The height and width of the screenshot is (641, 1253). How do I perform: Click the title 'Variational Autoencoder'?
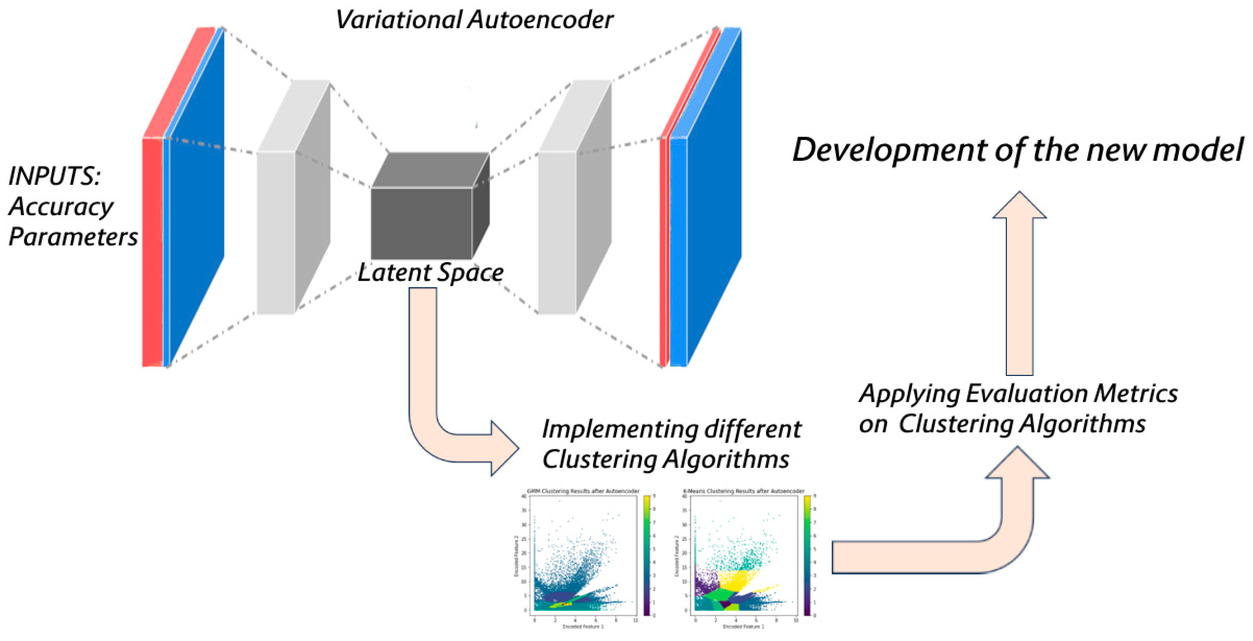click(x=474, y=20)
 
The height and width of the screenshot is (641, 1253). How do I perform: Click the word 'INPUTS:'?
click(x=54, y=176)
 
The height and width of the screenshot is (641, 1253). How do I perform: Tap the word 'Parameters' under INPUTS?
click(x=73, y=237)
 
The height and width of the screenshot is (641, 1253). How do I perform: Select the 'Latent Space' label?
click(x=431, y=273)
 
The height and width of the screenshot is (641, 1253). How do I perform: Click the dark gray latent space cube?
click(x=421, y=223)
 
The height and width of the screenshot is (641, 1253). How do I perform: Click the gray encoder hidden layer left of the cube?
click(x=276, y=232)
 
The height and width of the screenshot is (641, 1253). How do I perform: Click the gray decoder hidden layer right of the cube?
click(x=557, y=232)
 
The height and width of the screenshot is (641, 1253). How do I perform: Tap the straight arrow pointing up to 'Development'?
click(x=1019, y=292)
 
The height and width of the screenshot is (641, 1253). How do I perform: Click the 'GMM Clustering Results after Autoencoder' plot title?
click(x=583, y=491)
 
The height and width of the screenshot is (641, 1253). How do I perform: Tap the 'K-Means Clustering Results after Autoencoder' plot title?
click(x=743, y=491)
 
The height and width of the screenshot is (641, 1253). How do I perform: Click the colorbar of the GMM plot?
click(x=646, y=555)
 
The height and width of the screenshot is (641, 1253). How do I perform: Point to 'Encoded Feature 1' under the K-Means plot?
click(x=743, y=626)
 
